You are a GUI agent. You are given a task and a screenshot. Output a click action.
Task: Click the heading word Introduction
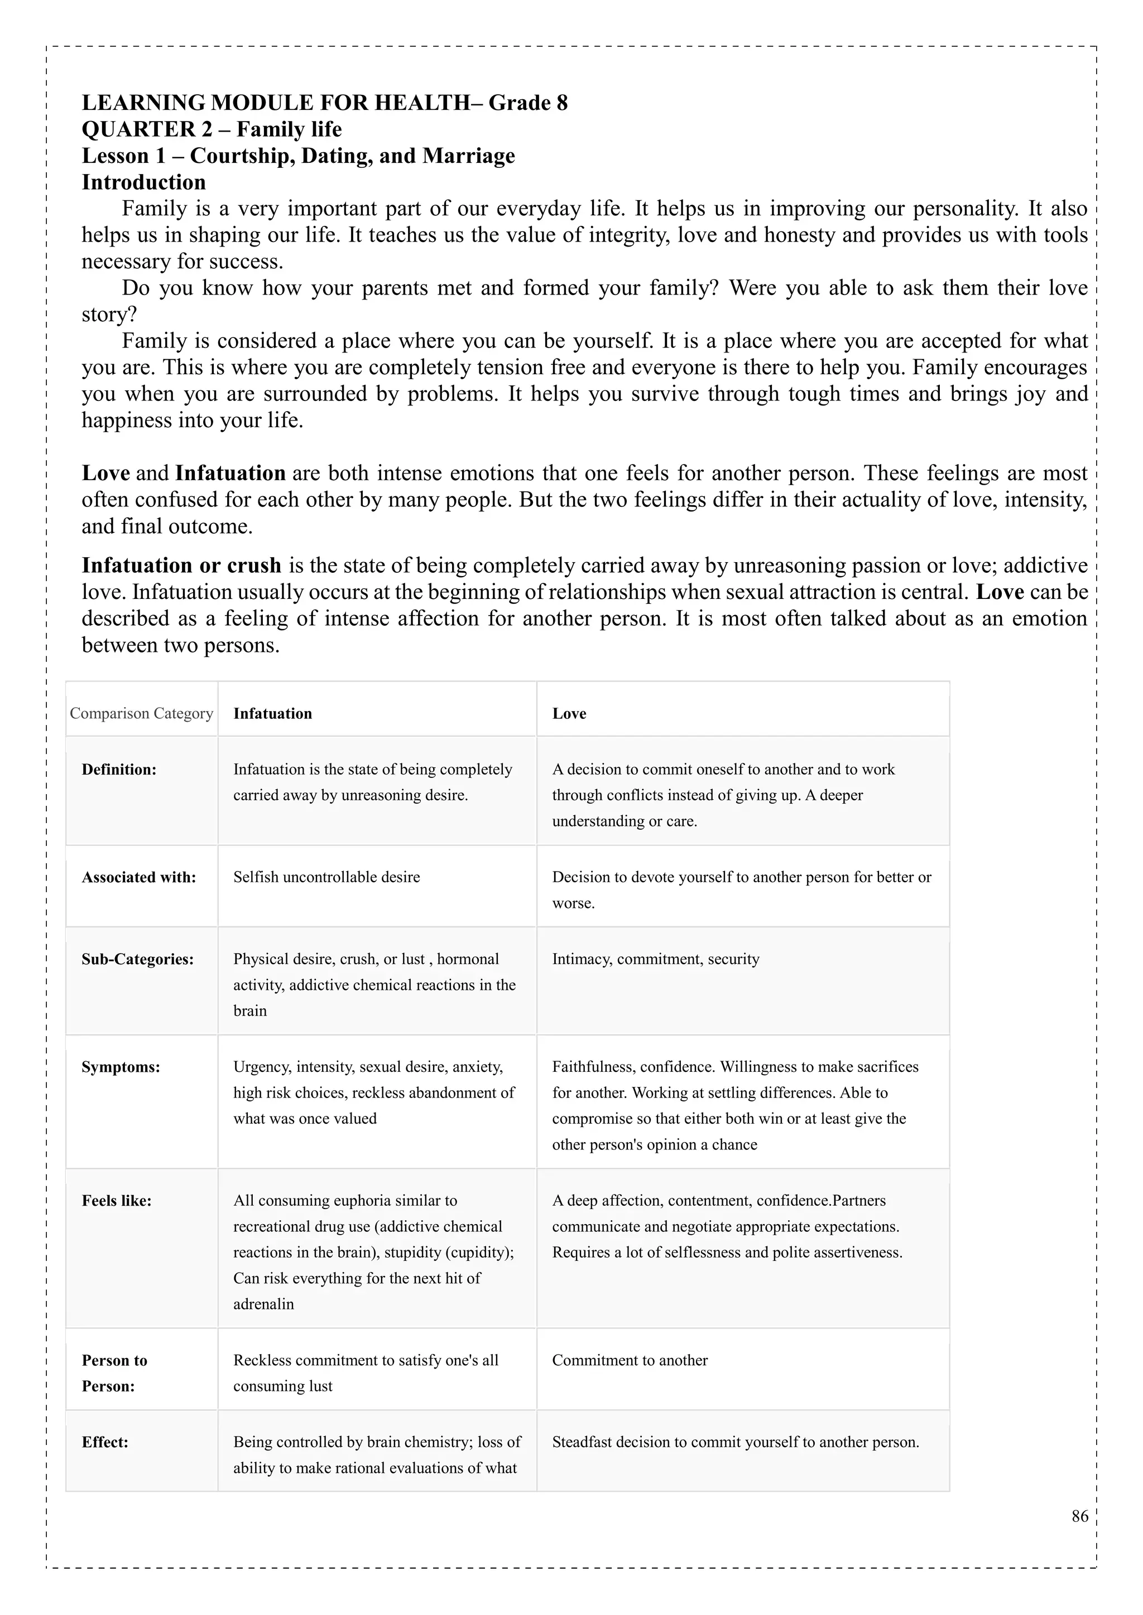click(x=143, y=182)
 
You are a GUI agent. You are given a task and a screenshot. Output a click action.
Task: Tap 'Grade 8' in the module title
click(x=528, y=103)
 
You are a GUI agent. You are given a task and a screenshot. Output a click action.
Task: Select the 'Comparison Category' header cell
click(x=141, y=713)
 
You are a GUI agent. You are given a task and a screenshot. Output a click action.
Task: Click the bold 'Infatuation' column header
click(x=272, y=713)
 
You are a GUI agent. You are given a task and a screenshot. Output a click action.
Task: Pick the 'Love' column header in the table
click(x=569, y=713)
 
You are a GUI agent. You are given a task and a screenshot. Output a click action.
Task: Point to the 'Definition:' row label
click(x=119, y=770)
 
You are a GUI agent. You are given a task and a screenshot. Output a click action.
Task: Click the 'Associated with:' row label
click(x=138, y=877)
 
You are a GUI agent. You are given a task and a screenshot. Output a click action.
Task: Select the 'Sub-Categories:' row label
click(x=137, y=959)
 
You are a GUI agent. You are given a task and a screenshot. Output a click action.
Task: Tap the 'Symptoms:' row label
click(x=121, y=1067)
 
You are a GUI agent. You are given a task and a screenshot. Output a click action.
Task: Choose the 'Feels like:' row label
click(x=116, y=1201)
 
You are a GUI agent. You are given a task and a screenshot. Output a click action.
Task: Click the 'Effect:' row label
click(x=105, y=1442)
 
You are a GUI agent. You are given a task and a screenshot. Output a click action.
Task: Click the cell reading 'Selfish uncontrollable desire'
click(x=326, y=877)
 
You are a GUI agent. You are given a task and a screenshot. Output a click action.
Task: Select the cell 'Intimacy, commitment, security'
click(x=655, y=959)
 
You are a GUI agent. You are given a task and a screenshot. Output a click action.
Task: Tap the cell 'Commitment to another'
click(x=629, y=1360)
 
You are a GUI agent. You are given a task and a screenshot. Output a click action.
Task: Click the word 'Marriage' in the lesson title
click(x=468, y=156)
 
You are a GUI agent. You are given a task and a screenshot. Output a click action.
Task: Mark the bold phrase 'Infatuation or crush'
click(x=181, y=565)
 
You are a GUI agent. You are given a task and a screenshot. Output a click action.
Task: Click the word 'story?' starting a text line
click(x=109, y=315)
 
